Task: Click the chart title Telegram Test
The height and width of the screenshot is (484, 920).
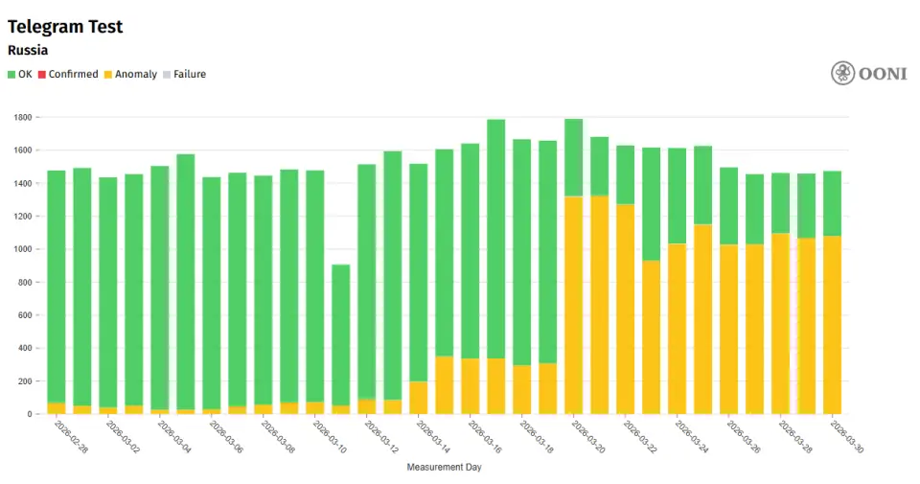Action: click(x=65, y=27)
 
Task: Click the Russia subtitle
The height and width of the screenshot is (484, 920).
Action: click(x=28, y=51)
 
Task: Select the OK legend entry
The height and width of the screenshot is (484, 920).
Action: click(x=20, y=74)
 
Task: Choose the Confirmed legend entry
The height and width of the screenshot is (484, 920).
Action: click(x=68, y=74)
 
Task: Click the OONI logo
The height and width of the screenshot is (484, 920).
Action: click(x=868, y=74)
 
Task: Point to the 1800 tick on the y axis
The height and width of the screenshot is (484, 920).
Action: click(x=23, y=117)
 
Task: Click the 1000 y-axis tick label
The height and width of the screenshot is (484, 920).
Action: click(x=23, y=249)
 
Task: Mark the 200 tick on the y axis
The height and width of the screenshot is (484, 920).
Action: click(x=26, y=381)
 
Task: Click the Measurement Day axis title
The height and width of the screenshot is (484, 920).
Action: click(x=444, y=468)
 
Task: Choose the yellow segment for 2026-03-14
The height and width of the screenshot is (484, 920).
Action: click(x=418, y=398)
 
